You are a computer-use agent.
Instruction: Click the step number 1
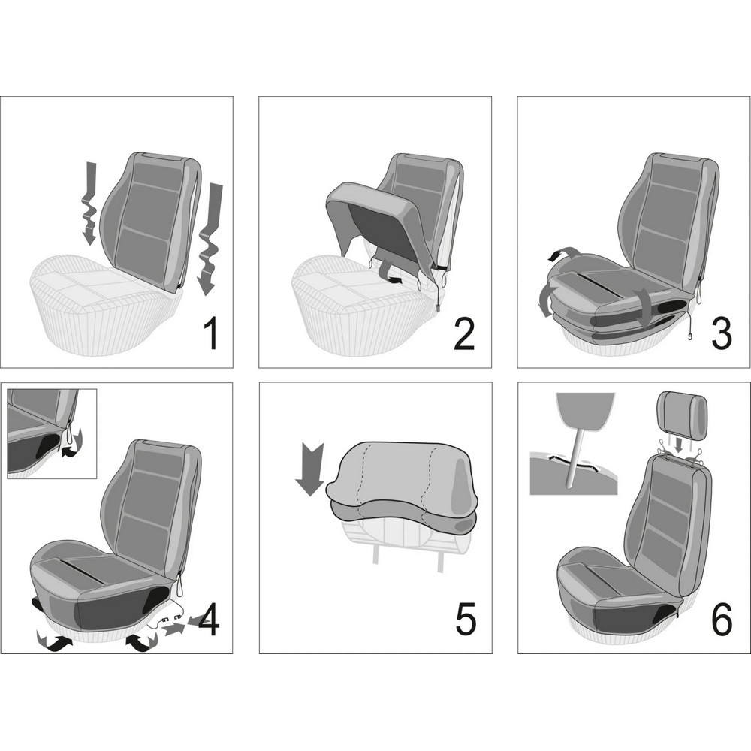pyautogui.click(x=211, y=334)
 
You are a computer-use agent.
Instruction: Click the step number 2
pyautogui.click(x=463, y=334)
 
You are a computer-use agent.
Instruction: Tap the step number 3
pyautogui.click(x=721, y=334)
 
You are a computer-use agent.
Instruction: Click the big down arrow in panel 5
pyautogui.click(x=309, y=469)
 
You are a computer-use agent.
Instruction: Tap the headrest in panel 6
pyautogui.click(x=683, y=416)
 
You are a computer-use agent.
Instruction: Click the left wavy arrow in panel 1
pyautogui.click(x=88, y=204)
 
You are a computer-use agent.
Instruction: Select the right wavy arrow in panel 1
pyautogui.click(x=210, y=239)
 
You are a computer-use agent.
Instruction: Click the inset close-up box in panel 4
pyautogui.click(x=53, y=433)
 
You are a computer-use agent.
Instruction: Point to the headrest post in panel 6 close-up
pyautogui.click(x=576, y=457)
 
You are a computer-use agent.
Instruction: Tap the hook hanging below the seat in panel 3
pyautogui.click(x=690, y=336)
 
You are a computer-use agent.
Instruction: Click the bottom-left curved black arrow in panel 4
pyautogui.click(x=53, y=642)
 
